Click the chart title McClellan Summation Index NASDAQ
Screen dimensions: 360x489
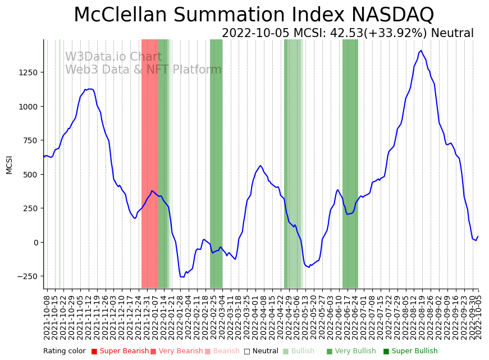pos(254,15)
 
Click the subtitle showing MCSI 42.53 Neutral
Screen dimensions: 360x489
pos(348,33)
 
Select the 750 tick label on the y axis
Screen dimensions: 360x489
pos(31,140)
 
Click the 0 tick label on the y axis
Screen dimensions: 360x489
pos(35,243)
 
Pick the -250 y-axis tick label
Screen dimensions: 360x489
pos(29,276)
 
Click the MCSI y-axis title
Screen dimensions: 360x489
pos(9,165)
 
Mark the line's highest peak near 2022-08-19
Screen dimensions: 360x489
pos(421,51)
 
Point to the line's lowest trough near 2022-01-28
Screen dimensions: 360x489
pos(182,277)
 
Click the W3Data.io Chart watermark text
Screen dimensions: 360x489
pos(113,57)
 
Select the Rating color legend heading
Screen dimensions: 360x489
pos(65,351)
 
